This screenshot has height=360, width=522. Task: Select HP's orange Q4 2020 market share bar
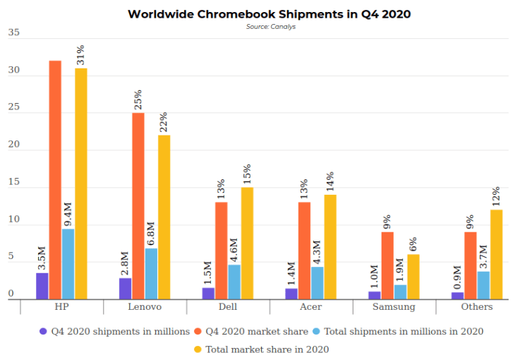(55, 180)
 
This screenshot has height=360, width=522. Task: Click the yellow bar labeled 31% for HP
(81, 184)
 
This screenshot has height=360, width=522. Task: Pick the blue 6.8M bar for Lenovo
(151, 274)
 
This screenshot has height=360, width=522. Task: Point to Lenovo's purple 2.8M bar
(125, 289)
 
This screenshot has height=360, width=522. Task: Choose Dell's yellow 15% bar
(247, 243)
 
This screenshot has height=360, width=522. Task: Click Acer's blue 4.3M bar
(317, 283)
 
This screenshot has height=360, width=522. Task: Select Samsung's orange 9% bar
(387, 265)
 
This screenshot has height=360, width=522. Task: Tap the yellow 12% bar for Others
(496, 254)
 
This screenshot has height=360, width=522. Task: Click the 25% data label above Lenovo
(138, 100)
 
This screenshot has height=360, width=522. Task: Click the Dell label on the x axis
(228, 307)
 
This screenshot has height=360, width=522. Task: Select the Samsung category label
(394, 307)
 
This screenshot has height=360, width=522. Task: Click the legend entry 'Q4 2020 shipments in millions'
(114, 331)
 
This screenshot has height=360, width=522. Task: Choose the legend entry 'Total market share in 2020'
(261, 349)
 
